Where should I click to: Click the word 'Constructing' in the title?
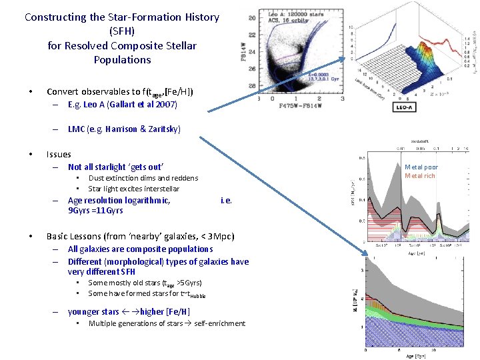pyautogui.click(x=55, y=17)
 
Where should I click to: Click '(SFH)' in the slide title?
pyautogui.click(x=122, y=31)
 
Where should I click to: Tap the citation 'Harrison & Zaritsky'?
pyautogui.click(x=139, y=129)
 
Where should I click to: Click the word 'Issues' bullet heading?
pyautogui.click(x=59, y=154)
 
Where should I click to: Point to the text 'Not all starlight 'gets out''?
pyautogui.click(x=115, y=167)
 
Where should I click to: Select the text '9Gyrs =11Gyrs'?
pyautogui.click(x=95, y=211)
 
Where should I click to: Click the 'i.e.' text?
pyautogui.click(x=226, y=200)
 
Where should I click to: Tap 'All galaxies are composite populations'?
pyautogui.click(x=140, y=249)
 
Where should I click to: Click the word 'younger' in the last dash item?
pyautogui.click(x=84, y=311)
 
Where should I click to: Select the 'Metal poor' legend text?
pyautogui.click(x=421, y=167)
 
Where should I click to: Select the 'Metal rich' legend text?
pyautogui.click(x=420, y=176)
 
